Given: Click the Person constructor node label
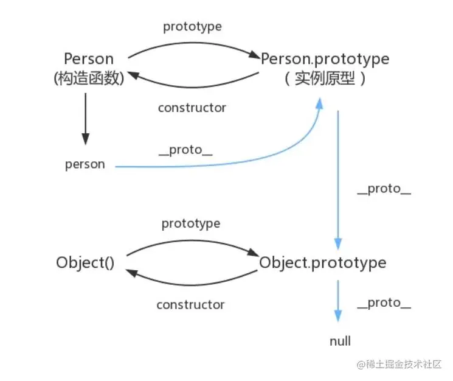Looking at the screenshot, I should [89, 59].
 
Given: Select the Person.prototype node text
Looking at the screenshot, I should [325, 59].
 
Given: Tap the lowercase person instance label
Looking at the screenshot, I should [85, 164].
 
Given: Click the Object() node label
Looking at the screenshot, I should [85, 262].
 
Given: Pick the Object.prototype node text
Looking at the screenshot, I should [322, 262].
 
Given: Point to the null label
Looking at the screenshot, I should [340, 341].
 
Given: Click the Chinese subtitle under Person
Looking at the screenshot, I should [89, 79].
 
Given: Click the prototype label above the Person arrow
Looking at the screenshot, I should [192, 27].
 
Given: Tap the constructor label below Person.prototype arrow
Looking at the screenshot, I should [192, 108].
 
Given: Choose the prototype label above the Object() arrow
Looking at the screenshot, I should [190, 223].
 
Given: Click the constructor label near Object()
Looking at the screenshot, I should [190, 304].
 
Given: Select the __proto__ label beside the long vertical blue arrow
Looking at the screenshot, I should [384, 189].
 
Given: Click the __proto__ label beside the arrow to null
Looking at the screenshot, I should [384, 303].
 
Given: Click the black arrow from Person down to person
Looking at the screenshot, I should [86, 119].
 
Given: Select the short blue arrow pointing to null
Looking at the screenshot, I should [338, 301].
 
